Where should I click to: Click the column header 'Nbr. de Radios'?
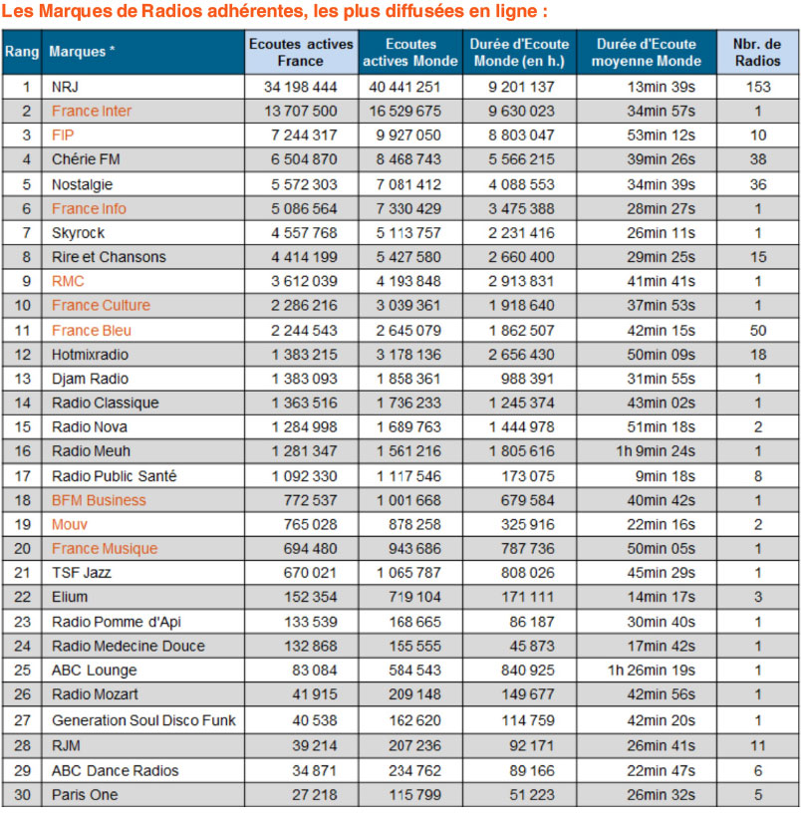[757, 52]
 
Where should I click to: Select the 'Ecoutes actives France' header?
[301, 52]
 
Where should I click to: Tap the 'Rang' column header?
[22, 52]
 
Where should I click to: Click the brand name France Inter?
[91, 111]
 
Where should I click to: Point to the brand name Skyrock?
[78, 232]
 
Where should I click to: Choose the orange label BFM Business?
[99, 500]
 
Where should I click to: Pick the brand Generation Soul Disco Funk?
[143, 720]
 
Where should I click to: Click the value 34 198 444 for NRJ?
[300, 87]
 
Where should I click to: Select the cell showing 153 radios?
[758, 87]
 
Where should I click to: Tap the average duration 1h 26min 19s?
[652, 671]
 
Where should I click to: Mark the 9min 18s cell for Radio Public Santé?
[666, 476]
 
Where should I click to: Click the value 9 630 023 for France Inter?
[521, 111]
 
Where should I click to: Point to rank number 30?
[22, 795]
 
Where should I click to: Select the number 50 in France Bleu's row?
[758, 331]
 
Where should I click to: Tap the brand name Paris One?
[85, 795]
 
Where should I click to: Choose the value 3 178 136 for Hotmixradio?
[408, 355]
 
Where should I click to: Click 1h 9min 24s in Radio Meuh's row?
[656, 451]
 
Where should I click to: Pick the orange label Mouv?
[69, 524]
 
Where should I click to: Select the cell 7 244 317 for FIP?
[304, 136]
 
